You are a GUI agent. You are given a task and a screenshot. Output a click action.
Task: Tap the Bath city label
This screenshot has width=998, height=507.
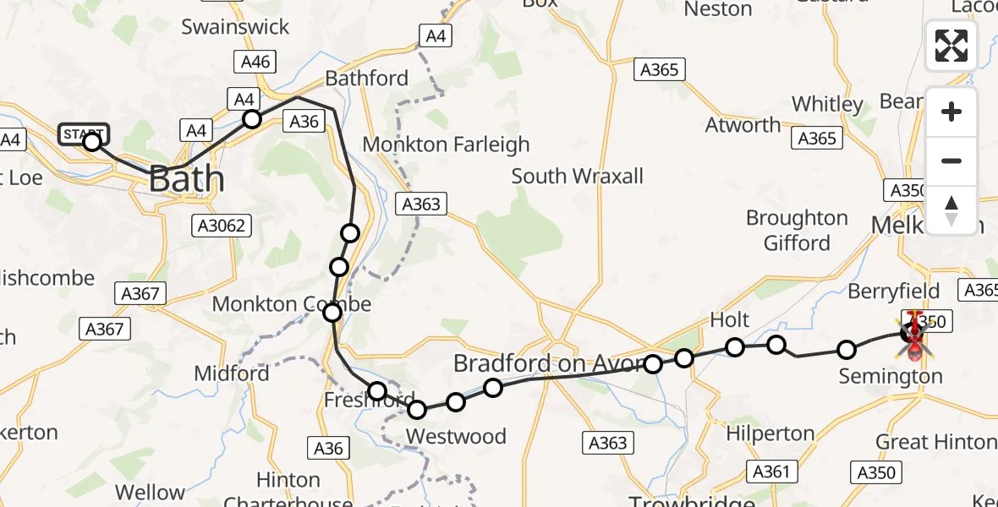click(187, 179)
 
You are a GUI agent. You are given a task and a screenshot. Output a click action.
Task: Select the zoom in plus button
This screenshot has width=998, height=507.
click(951, 112)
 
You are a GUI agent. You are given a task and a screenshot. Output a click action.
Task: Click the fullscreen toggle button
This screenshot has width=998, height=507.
click(951, 46)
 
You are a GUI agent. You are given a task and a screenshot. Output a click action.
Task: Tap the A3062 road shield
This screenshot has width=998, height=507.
click(222, 225)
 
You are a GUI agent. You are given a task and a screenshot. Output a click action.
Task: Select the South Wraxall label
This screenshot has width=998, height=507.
click(578, 177)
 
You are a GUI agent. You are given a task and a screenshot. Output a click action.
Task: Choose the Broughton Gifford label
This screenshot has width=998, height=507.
click(797, 231)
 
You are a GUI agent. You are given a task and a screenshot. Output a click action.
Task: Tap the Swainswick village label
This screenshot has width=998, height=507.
click(235, 27)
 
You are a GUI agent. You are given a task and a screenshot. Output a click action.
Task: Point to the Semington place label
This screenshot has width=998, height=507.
click(891, 376)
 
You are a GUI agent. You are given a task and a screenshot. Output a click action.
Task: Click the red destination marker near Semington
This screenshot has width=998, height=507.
click(914, 331)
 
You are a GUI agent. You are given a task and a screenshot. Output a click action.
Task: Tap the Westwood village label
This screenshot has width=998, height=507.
click(456, 436)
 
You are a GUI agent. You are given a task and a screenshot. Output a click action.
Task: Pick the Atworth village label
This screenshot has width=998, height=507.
click(743, 125)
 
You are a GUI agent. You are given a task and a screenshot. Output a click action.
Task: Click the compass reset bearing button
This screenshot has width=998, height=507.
click(951, 210)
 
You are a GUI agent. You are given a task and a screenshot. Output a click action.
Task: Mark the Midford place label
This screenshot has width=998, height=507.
click(232, 373)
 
